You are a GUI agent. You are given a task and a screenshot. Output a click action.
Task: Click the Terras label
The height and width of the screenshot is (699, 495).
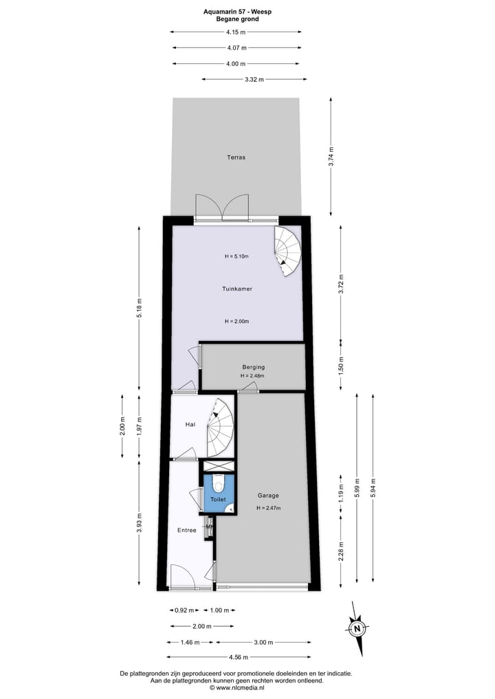[236, 157]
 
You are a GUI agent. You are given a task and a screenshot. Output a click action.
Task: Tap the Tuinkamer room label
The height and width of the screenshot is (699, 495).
[236, 289]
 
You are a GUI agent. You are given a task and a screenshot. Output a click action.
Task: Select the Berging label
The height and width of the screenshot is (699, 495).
[253, 367]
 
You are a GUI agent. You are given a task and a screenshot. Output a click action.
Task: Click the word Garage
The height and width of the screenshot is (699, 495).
[268, 495]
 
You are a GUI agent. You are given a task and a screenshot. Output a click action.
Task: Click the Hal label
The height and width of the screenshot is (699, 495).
[190, 425]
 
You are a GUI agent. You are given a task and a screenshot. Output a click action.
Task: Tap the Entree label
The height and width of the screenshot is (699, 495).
[187, 530]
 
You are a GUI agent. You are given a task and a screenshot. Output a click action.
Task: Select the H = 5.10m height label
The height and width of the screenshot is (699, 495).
[236, 256]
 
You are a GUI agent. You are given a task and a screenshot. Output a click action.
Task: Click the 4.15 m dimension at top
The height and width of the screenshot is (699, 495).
[236, 31]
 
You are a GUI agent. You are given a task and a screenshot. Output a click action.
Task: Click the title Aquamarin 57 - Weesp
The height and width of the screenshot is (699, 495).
[237, 12]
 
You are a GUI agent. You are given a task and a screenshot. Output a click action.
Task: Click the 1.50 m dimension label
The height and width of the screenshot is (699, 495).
[340, 365]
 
